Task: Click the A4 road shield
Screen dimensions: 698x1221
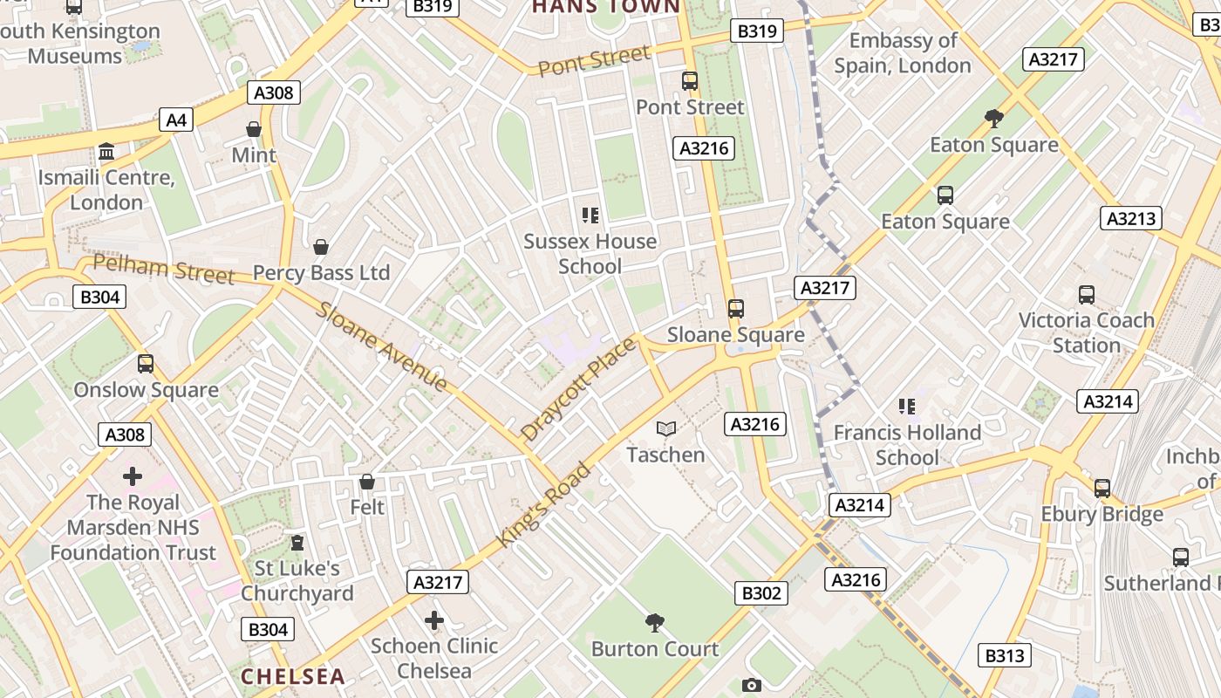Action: [x=176, y=120]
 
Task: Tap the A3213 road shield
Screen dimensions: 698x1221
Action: [x=1131, y=218]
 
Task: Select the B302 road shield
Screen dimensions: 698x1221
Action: [x=761, y=593]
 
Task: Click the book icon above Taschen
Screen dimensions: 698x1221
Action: [x=666, y=428]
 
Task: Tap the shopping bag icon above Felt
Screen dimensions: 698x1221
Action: [x=367, y=482]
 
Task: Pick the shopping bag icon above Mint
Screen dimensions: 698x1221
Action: [x=254, y=129]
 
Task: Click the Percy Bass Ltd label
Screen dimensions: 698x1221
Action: [x=321, y=273]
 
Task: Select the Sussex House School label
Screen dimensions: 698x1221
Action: [x=590, y=253]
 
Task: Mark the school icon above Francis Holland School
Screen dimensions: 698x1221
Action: [x=907, y=407]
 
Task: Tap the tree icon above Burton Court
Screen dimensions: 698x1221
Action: [x=654, y=623]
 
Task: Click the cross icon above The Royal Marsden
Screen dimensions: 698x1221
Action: [x=133, y=476]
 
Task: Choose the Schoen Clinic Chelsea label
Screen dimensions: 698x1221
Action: [x=434, y=658]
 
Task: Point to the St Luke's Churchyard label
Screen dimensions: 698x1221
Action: [x=297, y=580]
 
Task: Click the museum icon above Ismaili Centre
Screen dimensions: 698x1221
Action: [x=106, y=152]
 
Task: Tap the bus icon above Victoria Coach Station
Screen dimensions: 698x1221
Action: [x=1086, y=295]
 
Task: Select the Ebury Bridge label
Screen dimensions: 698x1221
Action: [x=1102, y=514]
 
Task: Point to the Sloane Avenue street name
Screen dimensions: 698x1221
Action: [x=382, y=346]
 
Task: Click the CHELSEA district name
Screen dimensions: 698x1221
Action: [x=293, y=676]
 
